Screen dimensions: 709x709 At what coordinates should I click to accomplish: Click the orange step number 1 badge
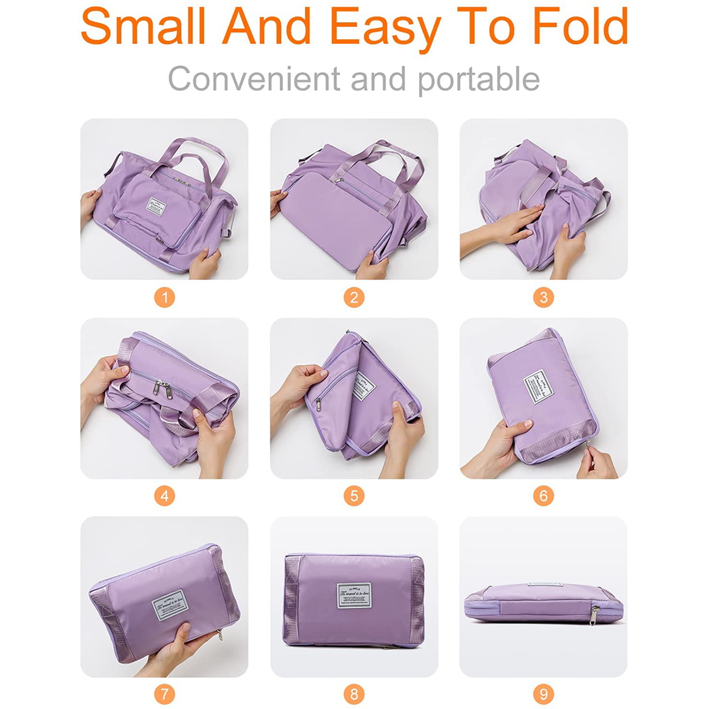coord(164,297)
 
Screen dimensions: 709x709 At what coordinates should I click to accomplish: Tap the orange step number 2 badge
coord(354,297)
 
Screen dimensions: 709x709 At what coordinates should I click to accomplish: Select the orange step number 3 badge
coord(544,297)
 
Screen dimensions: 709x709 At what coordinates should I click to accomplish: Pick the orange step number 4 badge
coord(164,496)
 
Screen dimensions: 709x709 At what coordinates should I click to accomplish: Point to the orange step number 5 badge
coord(354,496)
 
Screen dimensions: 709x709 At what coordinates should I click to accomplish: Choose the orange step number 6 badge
coord(544,496)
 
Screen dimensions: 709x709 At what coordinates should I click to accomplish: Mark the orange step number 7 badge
coord(164,694)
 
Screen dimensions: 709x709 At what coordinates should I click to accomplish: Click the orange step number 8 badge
coord(354,694)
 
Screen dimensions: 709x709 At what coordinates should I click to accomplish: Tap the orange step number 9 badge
coord(544,694)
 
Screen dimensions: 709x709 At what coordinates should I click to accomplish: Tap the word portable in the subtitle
coord(478,80)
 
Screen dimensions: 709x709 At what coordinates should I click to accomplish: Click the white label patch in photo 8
coord(354,593)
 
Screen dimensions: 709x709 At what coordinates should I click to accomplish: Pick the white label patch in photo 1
coord(156,206)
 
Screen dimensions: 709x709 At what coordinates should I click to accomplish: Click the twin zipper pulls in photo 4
coord(162,388)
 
